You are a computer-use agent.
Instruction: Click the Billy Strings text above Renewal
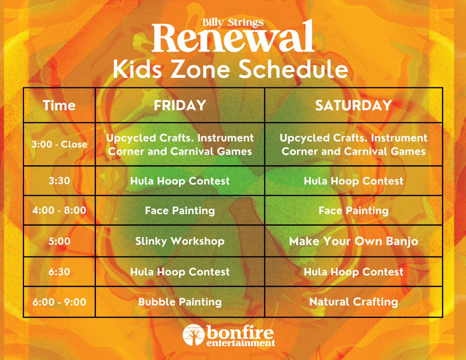[x=233, y=22]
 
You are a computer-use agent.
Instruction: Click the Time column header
[x=59, y=105]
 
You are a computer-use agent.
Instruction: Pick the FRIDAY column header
[x=180, y=105]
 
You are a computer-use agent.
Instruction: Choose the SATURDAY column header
[x=354, y=105]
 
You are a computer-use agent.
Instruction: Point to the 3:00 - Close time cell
[x=59, y=144]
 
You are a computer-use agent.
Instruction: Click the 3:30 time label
[x=59, y=181]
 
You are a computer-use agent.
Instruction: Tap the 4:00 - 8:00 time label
[x=59, y=210]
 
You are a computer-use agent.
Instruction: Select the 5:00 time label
[x=59, y=241]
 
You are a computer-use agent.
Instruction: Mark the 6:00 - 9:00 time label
[x=59, y=302]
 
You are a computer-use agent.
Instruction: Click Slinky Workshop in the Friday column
[x=180, y=241]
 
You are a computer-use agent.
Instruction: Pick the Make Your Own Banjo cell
[x=354, y=241]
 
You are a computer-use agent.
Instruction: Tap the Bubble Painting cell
[x=180, y=302]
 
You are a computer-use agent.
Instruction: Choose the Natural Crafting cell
[x=354, y=302]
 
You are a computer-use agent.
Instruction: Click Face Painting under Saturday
[x=354, y=211]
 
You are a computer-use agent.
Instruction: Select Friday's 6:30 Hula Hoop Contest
[x=180, y=272]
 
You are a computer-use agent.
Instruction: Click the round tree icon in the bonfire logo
[x=194, y=335]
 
